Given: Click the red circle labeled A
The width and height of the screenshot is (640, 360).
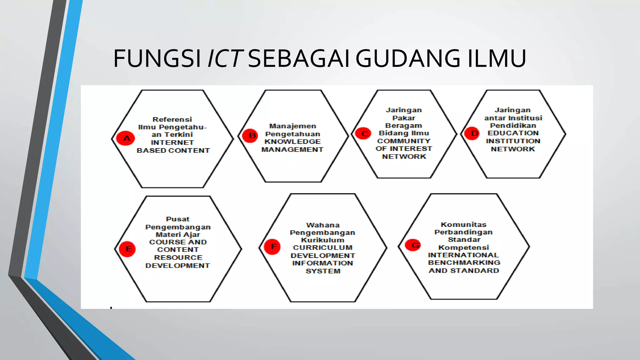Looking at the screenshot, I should click(x=126, y=138).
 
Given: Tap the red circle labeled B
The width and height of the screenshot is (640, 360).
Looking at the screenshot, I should click(x=250, y=136).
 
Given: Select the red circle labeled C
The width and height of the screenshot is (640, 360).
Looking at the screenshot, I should click(x=363, y=134).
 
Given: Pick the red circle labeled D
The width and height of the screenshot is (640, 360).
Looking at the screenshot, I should click(x=472, y=133).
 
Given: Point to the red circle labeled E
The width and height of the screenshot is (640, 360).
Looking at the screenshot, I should click(x=127, y=249).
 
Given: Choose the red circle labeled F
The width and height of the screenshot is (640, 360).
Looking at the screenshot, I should click(x=272, y=247).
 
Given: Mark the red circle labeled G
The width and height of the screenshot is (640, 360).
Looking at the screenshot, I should click(x=413, y=245).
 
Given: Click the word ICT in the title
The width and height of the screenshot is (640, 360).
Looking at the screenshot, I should click(x=225, y=58).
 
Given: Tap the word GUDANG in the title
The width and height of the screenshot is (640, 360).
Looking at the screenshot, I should click(x=408, y=58).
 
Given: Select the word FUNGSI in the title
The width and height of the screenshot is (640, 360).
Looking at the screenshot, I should click(x=157, y=58).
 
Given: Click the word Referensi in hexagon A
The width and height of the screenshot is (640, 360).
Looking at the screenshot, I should click(x=172, y=119).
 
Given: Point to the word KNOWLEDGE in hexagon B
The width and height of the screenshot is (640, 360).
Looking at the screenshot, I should click(x=292, y=142).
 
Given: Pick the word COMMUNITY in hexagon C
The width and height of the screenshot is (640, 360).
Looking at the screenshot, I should click(x=404, y=141).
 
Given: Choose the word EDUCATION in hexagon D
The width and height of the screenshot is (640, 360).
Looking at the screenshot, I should click(x=513, y=133).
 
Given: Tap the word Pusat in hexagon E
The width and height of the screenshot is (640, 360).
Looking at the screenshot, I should click(x=178, y=219).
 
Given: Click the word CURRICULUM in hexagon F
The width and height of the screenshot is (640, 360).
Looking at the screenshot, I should click(x=323, y=247).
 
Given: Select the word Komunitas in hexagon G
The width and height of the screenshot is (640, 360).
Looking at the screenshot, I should click(x=464, y=224).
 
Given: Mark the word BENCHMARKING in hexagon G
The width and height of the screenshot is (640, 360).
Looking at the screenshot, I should click(x=464, y=262).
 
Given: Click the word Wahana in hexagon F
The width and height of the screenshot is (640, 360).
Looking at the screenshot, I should click(x=323, y=225).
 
